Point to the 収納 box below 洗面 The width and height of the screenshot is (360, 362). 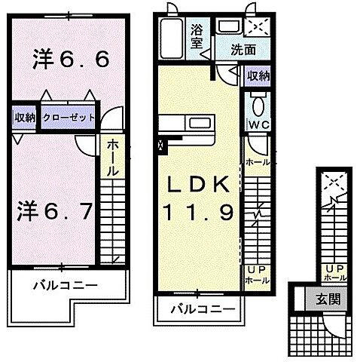pyautogui.click(x=259, y=75)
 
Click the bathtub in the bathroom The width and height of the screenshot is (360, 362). pyautogui.click(x=170, y=38)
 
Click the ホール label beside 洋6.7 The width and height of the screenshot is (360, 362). pyautogui.click(x=111, y=157)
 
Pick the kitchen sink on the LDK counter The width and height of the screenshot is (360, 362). pyautogui.click(x=200, y=121)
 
